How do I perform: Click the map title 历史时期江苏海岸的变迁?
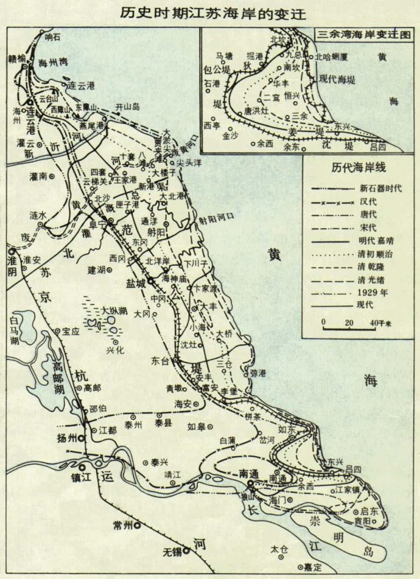click(213, 13)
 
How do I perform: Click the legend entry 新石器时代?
click(381, 188)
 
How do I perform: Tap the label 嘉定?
click(314, 566)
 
